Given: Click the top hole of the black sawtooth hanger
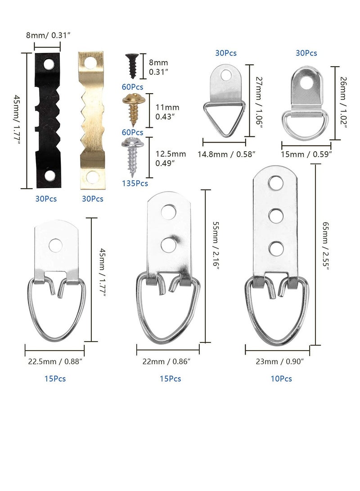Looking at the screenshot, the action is pyautogui.click(x=49, y=64).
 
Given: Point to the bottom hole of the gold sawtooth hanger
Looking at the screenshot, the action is pyautogui.click(x=91, y=177).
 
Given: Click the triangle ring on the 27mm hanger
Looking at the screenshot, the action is pyautogui.click(x=224, y=117).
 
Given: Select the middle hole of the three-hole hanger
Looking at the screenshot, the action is pyautogui.click(x=276, y=216).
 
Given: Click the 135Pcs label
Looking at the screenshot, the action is pyautogui.click(x=135, y=184).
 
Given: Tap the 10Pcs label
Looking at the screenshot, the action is pyautogui.click(x=281, y=378).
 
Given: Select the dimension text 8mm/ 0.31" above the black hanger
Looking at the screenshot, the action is pyautogui.click(x=48, y=35).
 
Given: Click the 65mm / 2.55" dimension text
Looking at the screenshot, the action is pyautogui.click(x=325, y=246).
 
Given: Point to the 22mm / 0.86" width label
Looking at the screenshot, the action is pyautogui.click(x=166, y=361).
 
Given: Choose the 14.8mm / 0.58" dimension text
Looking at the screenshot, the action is pyautogui.click(x=226, y=154).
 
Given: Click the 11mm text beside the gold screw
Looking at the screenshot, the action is pyautogui.click(x=167, y=108).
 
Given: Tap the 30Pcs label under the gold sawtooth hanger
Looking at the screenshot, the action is pyautogui.click(x=92, y=199).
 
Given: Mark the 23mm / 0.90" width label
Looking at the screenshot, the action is pyautogui.click(x=280, y=361).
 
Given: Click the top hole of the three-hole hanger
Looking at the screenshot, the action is pyautogui.click(x=276, y=183).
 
